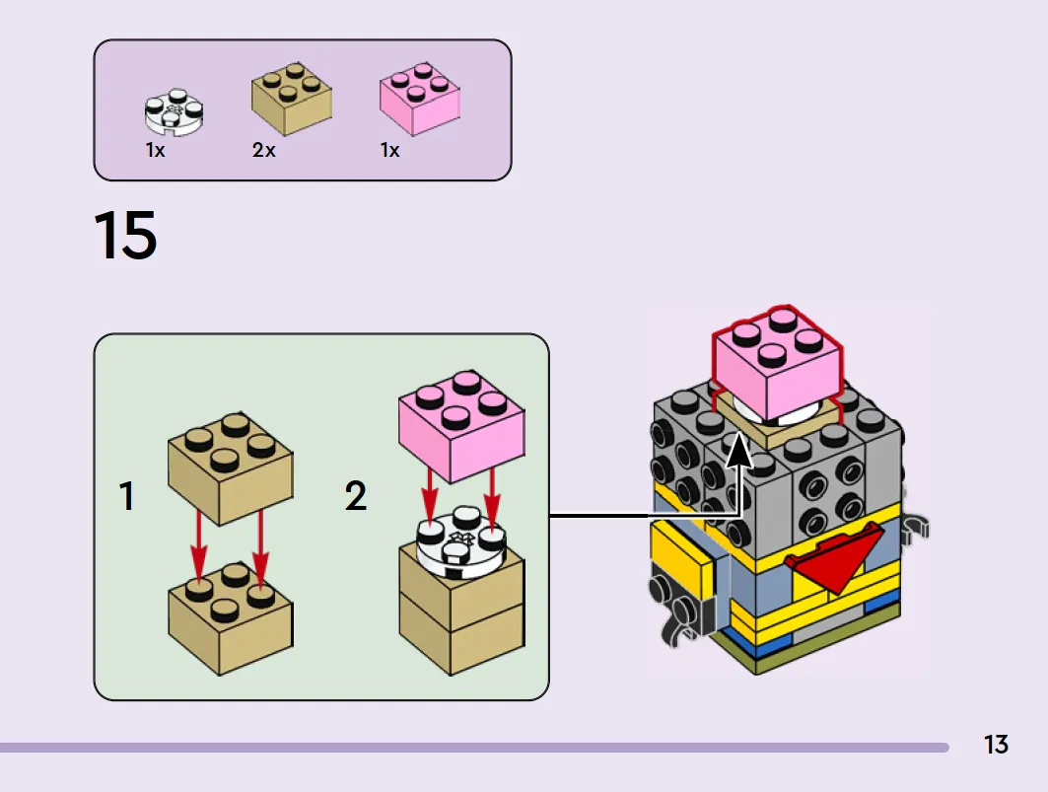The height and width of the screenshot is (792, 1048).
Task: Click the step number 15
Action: pyautogui.click(x=125, y=235)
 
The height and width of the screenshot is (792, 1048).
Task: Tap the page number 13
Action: pyautogui.click(x=996, y=745)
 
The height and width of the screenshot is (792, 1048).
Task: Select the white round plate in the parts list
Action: pyautogui.click(x=175, y=109)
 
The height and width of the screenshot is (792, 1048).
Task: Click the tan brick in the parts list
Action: pyautogui.click(x=292, y=98)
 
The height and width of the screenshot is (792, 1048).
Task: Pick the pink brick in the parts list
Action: pyautogui.click(x=420, y=98)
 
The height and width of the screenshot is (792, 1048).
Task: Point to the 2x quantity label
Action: pyautogui.click(x=264, y=150)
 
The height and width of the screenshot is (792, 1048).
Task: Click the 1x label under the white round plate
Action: pyautogui.click(x=155, y=150)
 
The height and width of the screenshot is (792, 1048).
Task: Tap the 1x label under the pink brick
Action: pyautogui.click(x=390, y=150)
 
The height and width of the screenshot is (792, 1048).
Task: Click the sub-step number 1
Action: pyautogui.click(x=126, y=496)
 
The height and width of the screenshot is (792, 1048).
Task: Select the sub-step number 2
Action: pyautogui.click(x=356, y=496)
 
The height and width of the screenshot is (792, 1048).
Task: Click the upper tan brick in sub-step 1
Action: pyautogui.click(x=230, y=468)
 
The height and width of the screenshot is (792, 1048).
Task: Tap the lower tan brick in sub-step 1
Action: pyautogui.click(x=230, y=618)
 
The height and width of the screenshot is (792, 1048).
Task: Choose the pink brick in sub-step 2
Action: pyautogui.click(x=461, y=427)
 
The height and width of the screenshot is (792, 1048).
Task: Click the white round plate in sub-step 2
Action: pyautogui.click(x=461, y=543)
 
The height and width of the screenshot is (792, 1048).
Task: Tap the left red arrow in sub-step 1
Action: pyautogui.click(x=198, y=543)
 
